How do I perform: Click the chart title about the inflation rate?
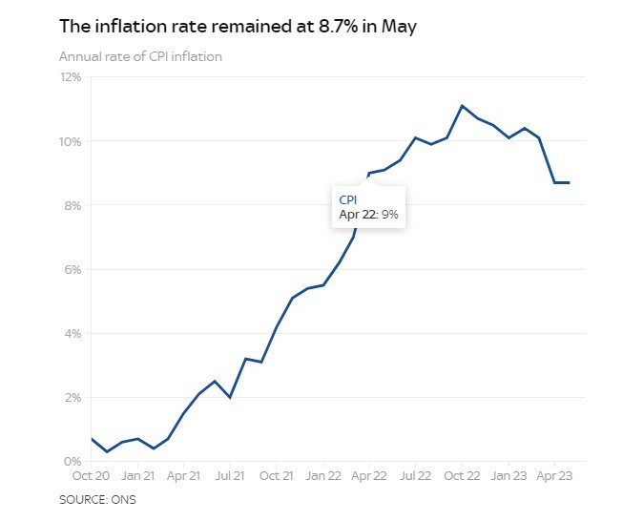coord(238,26)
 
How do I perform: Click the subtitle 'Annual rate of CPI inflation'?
coord(140,57)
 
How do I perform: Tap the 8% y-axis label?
coord(73,205)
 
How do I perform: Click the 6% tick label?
coord(73,269)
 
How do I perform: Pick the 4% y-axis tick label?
coord(73,333)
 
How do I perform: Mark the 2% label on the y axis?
coord(73,397)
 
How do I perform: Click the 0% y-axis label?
coord(73,461)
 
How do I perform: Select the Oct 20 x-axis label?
coord(91,475)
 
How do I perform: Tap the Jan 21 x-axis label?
coord(137,475)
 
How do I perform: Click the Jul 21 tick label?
coord(230,475)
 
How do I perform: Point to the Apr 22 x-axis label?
coord(369,475)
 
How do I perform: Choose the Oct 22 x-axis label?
coord(462,475)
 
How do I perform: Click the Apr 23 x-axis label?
coord(554,475)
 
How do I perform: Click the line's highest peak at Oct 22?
coord(462,106)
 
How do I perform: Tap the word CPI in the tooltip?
coord(349,199)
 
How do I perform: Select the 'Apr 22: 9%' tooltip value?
coord(368,216)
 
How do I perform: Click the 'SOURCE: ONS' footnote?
coord(97,499)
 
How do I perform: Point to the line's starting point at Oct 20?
coord(91,439)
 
